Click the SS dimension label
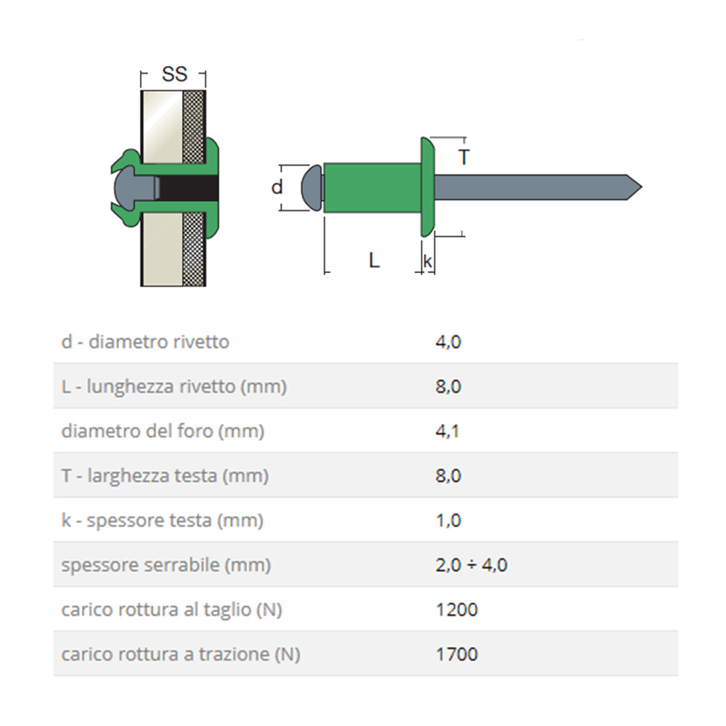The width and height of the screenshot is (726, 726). [174, 74]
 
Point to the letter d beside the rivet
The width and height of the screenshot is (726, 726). [277, 187]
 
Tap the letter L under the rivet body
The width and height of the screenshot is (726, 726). [374, 260]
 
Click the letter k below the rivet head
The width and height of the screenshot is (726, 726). [428, 261]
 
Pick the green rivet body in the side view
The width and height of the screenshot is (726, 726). [372, 187]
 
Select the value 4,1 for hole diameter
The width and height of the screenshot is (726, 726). [448, 431]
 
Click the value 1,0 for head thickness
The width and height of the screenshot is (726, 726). [448, 521]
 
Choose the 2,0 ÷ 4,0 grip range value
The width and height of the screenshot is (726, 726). [471, 565]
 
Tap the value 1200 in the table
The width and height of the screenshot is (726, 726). [457, 610]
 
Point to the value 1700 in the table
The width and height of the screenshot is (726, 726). [457, 654]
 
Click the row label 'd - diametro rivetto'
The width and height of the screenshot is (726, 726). [145, 341]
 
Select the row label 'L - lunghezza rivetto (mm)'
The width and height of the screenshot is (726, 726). [174, 386]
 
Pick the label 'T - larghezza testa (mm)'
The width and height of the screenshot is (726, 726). [165, 476]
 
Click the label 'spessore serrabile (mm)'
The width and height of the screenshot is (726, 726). [166, 565]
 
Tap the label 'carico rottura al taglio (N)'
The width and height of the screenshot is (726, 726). [171, 610]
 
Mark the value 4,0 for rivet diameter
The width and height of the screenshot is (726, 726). [448, 341]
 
